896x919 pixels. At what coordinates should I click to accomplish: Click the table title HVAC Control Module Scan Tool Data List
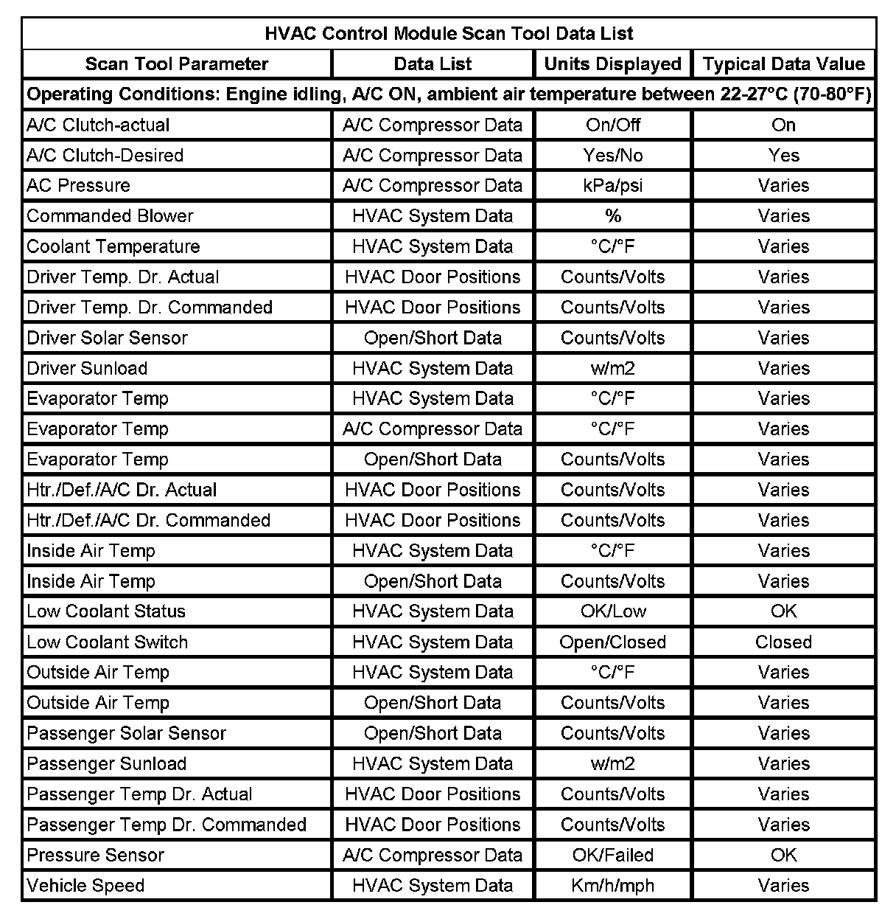tap(449, 34)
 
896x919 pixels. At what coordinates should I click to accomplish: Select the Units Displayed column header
tap(612, 64)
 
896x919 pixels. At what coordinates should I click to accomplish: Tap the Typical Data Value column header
tap(783, 64)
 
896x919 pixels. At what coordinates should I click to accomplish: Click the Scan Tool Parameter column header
tap(177, 64)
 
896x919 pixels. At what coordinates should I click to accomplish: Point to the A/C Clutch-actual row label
tap(98, 125)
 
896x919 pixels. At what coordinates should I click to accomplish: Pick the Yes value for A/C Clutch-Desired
tap(783, 156)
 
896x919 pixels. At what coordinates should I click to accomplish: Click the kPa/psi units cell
tap(612, 186)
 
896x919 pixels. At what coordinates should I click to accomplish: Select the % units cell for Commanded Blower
tap(612, 216)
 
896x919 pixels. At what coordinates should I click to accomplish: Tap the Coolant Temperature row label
tap(113, 247)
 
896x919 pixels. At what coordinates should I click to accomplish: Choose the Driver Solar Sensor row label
tap(108, 338)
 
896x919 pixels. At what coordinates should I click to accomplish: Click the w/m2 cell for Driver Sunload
tap(612, 369)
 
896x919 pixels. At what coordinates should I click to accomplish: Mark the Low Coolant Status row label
tap(106, 611)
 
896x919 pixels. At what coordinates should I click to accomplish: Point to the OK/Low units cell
tap(612, 611)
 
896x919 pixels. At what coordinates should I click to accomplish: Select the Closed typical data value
tap(783, 642)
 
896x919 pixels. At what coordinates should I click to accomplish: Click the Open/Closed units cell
tap(612, 642)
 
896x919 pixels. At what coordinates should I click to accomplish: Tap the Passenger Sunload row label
tap(107, 764)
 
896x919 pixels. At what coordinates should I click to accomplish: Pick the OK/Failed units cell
tap(612, 856)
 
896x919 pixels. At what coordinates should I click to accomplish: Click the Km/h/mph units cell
tap(612, 886)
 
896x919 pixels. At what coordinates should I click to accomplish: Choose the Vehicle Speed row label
tap(85, 886)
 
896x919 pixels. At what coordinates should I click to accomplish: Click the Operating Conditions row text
tap(449, 95)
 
